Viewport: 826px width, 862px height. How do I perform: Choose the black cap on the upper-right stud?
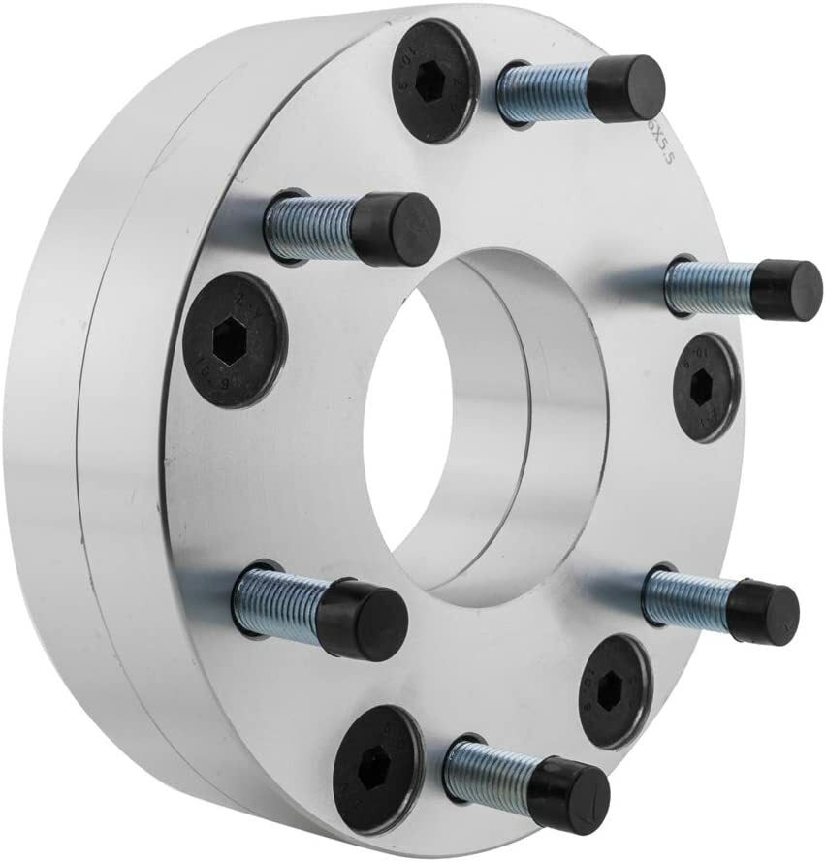(787, 290)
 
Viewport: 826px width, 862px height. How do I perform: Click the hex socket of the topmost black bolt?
(434, 80)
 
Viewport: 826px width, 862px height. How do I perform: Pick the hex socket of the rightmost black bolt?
(708, 388)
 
